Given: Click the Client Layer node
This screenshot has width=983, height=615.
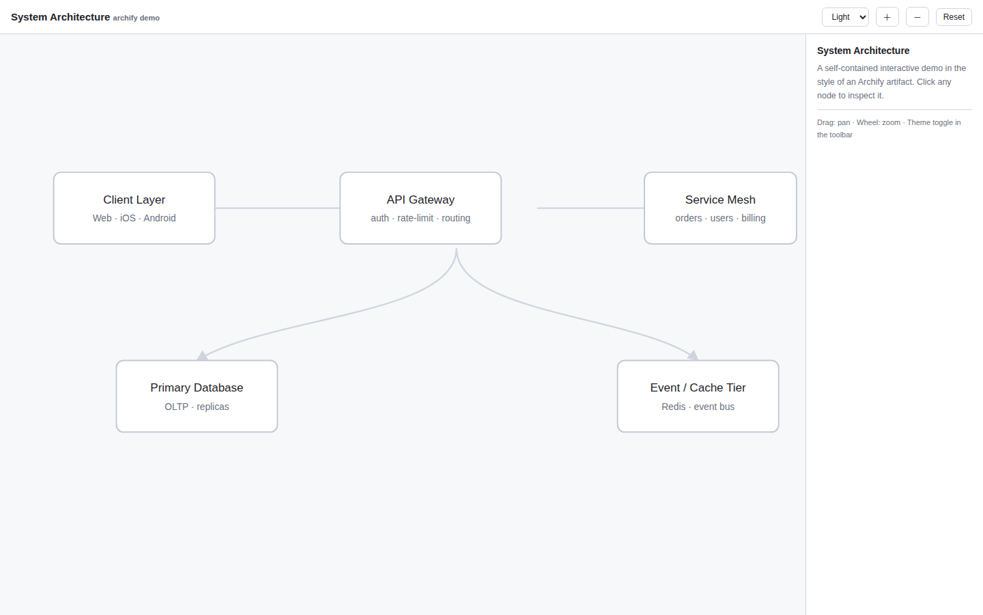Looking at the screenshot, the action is click(134, 208).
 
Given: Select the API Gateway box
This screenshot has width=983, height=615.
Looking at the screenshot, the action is click(421, 208).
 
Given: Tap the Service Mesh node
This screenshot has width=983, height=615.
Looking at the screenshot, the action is click(720, 208).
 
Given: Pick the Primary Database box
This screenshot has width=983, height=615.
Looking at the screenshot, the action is click(197, 396).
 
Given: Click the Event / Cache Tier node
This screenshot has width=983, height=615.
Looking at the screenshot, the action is click(698, 396).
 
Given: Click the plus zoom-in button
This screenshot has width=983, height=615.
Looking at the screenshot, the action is click(887, 17).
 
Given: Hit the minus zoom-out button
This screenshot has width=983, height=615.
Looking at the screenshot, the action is click(917, 17).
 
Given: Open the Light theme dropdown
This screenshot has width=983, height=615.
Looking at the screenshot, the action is click(845, 17).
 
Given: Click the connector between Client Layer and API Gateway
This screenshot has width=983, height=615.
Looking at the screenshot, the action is click(277, 208).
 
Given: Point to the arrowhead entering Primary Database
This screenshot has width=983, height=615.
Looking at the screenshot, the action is click(202, 356).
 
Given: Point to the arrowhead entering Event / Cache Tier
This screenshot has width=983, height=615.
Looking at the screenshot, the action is click(694, 355).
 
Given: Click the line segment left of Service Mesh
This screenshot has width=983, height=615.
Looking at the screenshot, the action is click(590, 208).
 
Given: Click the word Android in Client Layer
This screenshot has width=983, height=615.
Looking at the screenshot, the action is click(160, 219).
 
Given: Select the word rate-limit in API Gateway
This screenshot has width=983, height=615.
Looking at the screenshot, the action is click(415, 219).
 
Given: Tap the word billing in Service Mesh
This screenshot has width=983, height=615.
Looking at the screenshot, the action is click(754, 219).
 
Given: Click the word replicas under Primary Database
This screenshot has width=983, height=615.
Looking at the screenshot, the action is click(213, 407).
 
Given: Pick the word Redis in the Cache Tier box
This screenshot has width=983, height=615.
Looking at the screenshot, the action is click(674, 407).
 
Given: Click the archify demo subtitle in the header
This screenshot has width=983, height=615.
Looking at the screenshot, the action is click(137, 18).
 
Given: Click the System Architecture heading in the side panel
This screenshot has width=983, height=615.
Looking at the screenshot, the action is click(863, 51).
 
